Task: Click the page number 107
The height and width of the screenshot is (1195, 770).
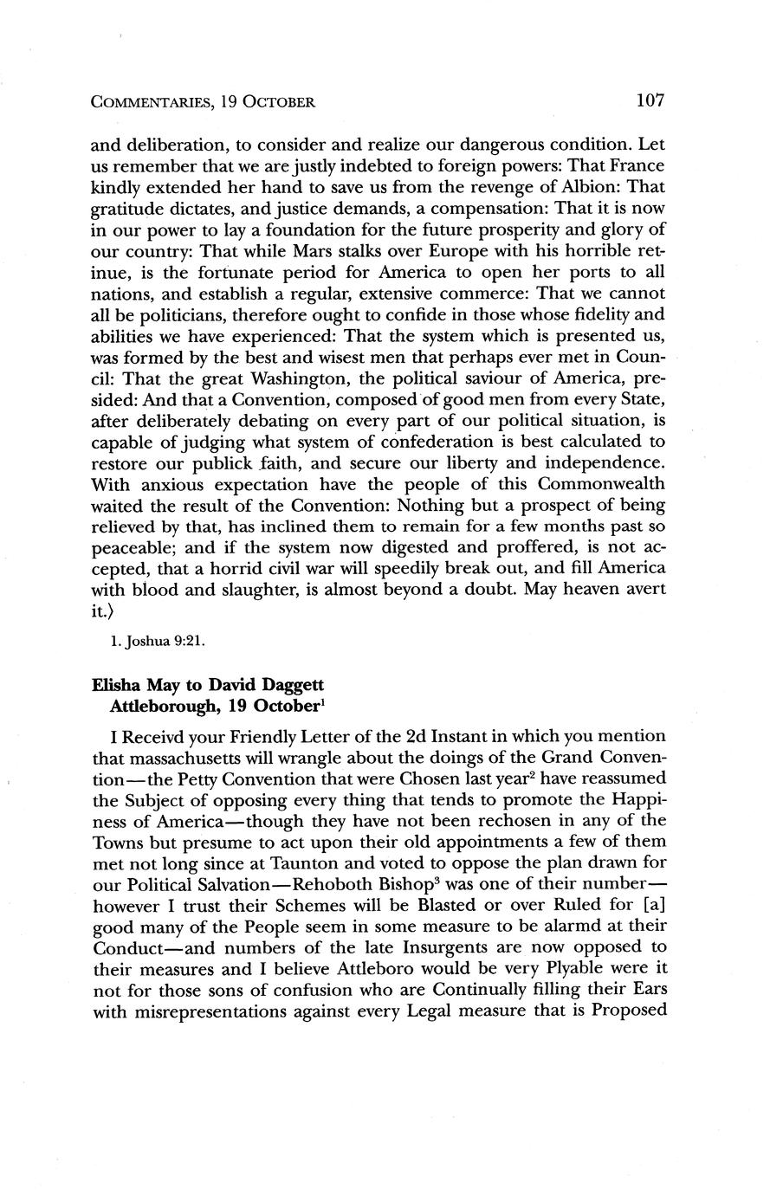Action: click(649, 101)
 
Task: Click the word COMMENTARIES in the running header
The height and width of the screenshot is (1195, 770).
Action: click(149, 103)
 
